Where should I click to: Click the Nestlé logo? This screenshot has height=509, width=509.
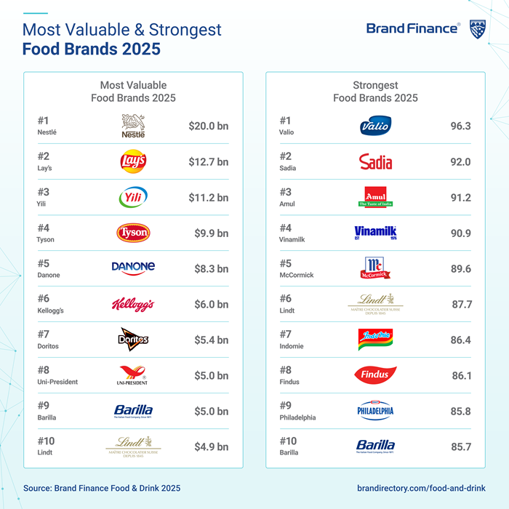coord(133,126)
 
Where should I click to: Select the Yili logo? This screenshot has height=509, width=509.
coord(133,197)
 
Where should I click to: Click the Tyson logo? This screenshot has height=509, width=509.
coord(133,233)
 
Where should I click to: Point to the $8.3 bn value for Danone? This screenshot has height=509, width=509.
coord(211,268)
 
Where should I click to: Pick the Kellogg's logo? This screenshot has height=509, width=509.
coord(133,304)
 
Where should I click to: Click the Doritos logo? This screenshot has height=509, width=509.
coord(133,340)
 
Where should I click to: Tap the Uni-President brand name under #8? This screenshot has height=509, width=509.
coord(57,382)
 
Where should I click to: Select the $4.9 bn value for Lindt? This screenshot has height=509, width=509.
coord(211,446)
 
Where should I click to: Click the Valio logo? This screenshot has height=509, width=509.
coord(375,127)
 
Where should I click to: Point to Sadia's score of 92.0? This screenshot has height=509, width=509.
coord(460,161)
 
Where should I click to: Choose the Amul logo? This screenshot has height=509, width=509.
coord(375,197)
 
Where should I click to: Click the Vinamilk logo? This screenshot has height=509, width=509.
coord(375,233)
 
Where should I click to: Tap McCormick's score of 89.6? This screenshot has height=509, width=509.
coord(460,268)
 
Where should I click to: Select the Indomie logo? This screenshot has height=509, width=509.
coord(375,340)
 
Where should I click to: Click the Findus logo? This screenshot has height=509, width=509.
coord(375,375)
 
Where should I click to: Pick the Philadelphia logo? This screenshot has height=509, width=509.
coord(375,411)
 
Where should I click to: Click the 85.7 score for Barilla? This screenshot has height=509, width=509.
coord(460,446)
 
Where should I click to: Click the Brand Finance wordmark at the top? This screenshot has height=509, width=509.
coord(412,29)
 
